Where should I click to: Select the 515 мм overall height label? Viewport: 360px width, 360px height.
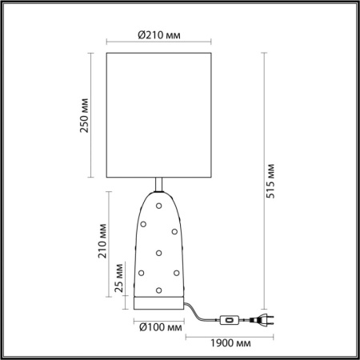[272, 182]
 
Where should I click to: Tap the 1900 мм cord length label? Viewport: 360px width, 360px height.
[222, 343]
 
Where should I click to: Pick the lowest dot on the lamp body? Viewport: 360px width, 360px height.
[160, 289]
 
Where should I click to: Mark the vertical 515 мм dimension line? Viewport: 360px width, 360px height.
[263, 182]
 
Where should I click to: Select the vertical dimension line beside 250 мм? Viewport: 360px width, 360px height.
[96, 118]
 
